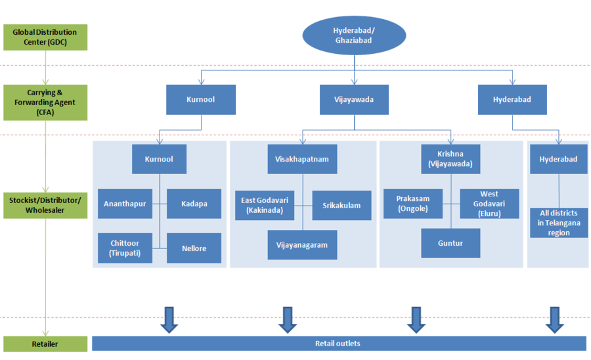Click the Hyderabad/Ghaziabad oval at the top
(355, 35)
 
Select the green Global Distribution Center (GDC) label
(45, 37)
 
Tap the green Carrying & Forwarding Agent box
(45, 102)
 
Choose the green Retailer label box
(45, 344)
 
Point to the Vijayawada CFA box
(355, 100)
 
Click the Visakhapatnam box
(302, 160)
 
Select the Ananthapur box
(125, 204)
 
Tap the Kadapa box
(194, 204)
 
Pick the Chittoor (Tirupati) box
(125, 248)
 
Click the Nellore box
(194, 248)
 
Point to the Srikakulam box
(341, 206)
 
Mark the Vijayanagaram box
(302, 245)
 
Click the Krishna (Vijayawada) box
(450, 160)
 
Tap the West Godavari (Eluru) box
(489, 204)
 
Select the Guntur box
(450, 243)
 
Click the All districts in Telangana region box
(559, 223)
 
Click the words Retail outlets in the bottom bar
(338, 344)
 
